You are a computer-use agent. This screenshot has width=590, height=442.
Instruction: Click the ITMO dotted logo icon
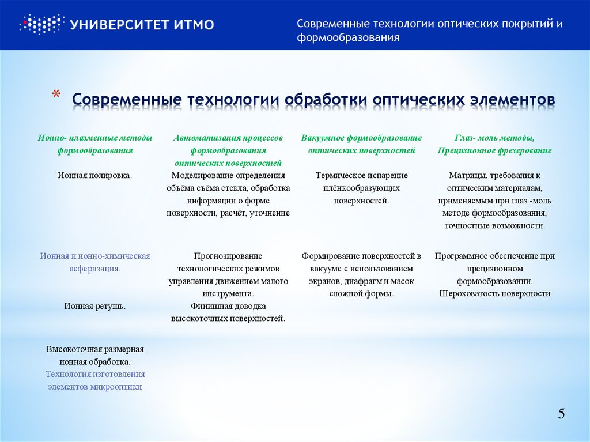pyautogui.click(x=40, y=24)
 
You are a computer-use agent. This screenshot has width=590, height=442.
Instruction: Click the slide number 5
pyautogui.click(x=561, y=413)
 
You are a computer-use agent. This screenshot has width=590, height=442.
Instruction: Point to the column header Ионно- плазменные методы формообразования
pyautogui.click(x=95, y=144)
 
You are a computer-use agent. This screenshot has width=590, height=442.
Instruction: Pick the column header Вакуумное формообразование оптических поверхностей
pyautogui.click(x=361, y=144)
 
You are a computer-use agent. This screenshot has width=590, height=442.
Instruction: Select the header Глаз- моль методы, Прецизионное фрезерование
pyautogui.click(x=494, y=144)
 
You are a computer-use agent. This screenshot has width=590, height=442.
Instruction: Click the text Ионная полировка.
pyautogui.click(x=95, y=175)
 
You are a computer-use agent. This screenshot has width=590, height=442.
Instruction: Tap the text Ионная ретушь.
pyautogui.click(x=95, y=306)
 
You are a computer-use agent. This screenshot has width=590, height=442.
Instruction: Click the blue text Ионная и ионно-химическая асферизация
pyautogui.click(x=95, y=262)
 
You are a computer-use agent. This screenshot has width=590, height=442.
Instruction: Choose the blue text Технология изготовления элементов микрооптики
pyautogui.click(x=95, y=380)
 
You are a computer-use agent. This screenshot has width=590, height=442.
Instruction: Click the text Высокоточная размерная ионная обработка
pyautogui.click(x=95, y=355)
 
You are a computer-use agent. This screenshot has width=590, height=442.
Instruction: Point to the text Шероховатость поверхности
pyautogui.click(x=495, y=293)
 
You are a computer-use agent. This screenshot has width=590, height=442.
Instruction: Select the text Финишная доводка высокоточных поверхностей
pyautogui.click(x=228, y=312)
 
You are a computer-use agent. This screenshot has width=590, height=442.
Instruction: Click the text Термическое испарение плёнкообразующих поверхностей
pyautogui.click(x=361, y=188)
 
